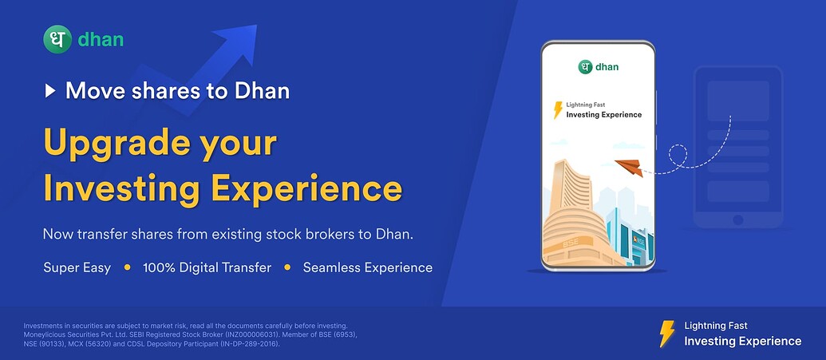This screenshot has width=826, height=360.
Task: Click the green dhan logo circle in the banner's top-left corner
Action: [x=57, y=40]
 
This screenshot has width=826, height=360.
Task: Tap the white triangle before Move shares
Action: [x=50, y=91]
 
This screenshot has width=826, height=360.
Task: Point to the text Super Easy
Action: [x=77, y=267]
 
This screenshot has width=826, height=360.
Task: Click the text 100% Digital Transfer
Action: [x=207, y=267]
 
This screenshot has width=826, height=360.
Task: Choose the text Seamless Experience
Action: [x=368, y=267]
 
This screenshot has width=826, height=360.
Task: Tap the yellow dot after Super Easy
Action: [x=127, y=267]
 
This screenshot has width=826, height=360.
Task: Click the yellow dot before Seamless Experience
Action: [x=287, y=267]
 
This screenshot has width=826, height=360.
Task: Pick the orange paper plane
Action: [x=629, y=167]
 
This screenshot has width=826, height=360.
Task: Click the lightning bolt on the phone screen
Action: [x=558, y=110]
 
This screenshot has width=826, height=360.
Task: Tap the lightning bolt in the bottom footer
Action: [x=667, y=334]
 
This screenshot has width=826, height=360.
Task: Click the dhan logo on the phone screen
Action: [x=599, y=67]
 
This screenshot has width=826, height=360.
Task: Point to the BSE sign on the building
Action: [x=570, y=244]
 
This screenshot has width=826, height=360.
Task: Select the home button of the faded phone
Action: [x=738, y=220]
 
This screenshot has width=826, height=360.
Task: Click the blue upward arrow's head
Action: [x=238, y=42]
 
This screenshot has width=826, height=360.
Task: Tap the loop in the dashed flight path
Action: [x=678, y=156]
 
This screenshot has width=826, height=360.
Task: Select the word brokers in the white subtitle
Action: [x=329, y=234]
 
